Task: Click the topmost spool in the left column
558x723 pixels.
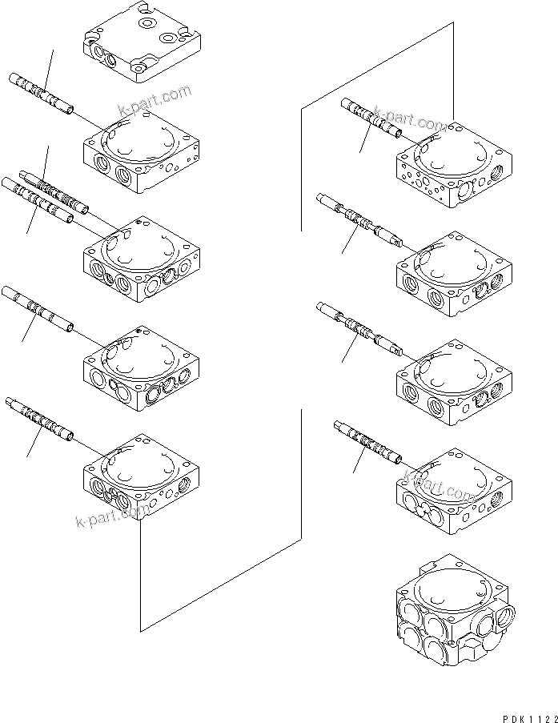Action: click(41, 91)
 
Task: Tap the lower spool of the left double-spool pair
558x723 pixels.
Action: click(39, 199)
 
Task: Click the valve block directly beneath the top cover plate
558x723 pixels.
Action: click(141, 152)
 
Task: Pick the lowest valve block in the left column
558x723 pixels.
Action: click(141, 476)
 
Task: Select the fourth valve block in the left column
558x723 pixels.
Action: click(141, 368)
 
